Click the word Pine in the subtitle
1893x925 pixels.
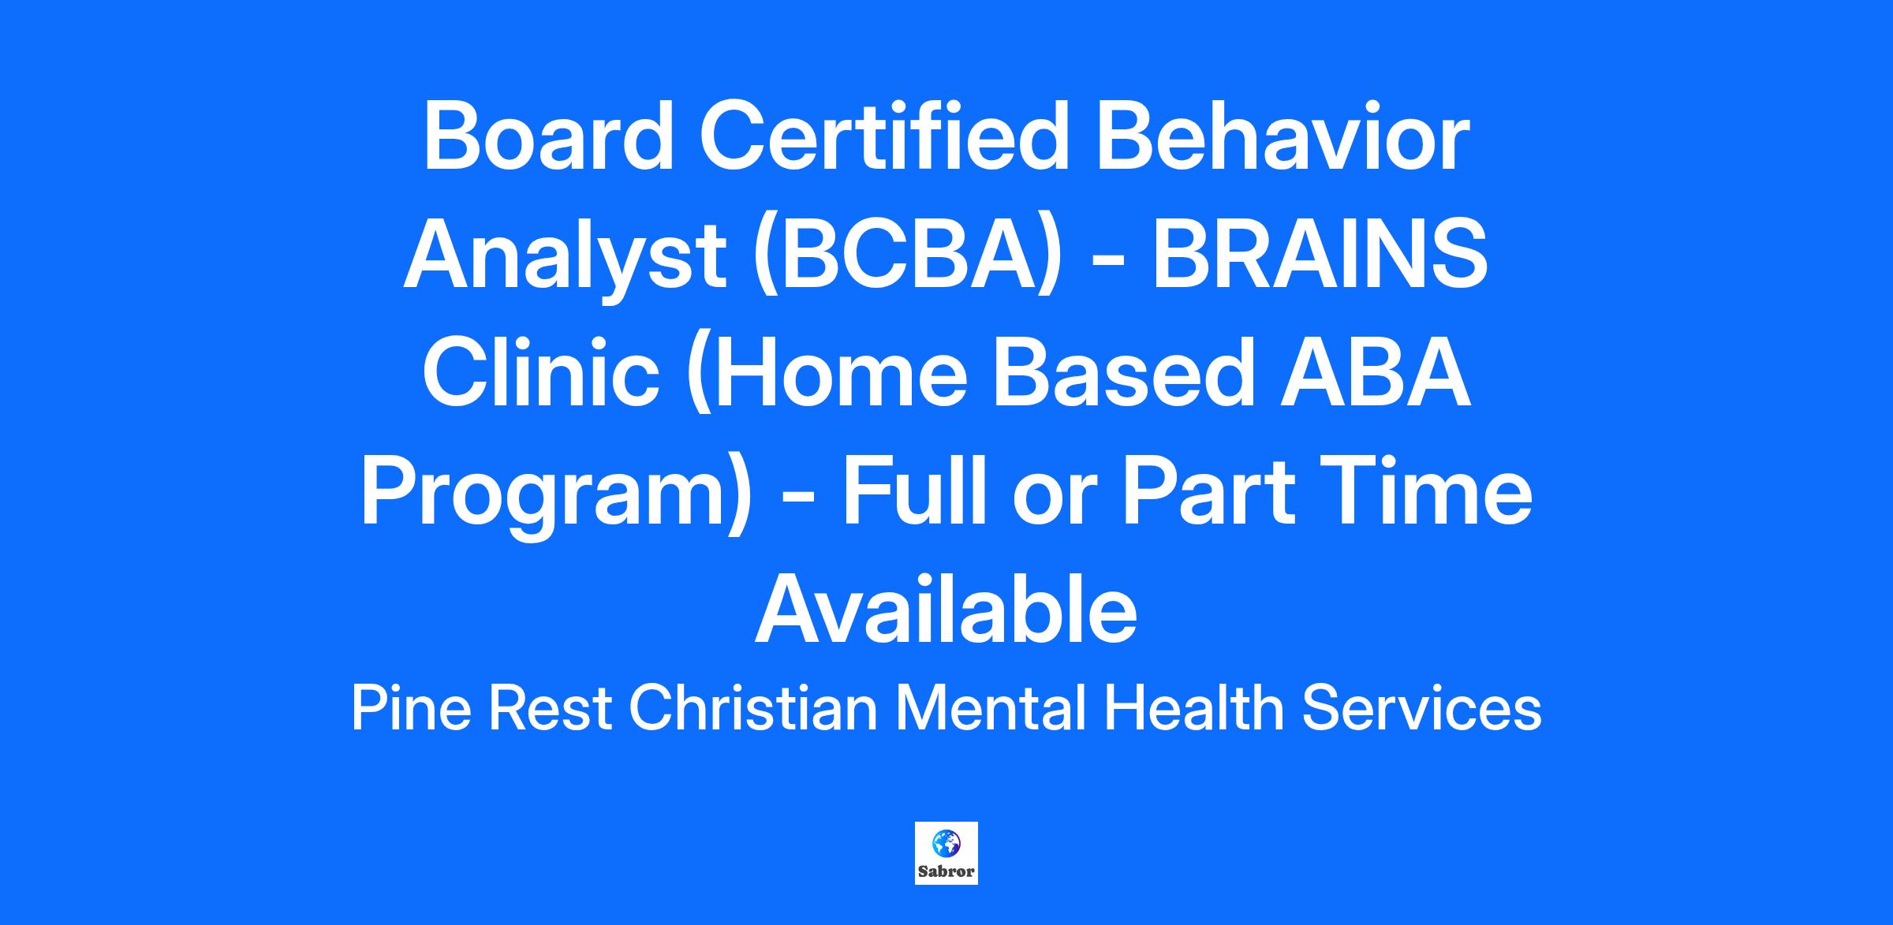click(411, 707)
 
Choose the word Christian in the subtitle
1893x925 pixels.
click(753, 707)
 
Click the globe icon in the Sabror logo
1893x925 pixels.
click(946, 844)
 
